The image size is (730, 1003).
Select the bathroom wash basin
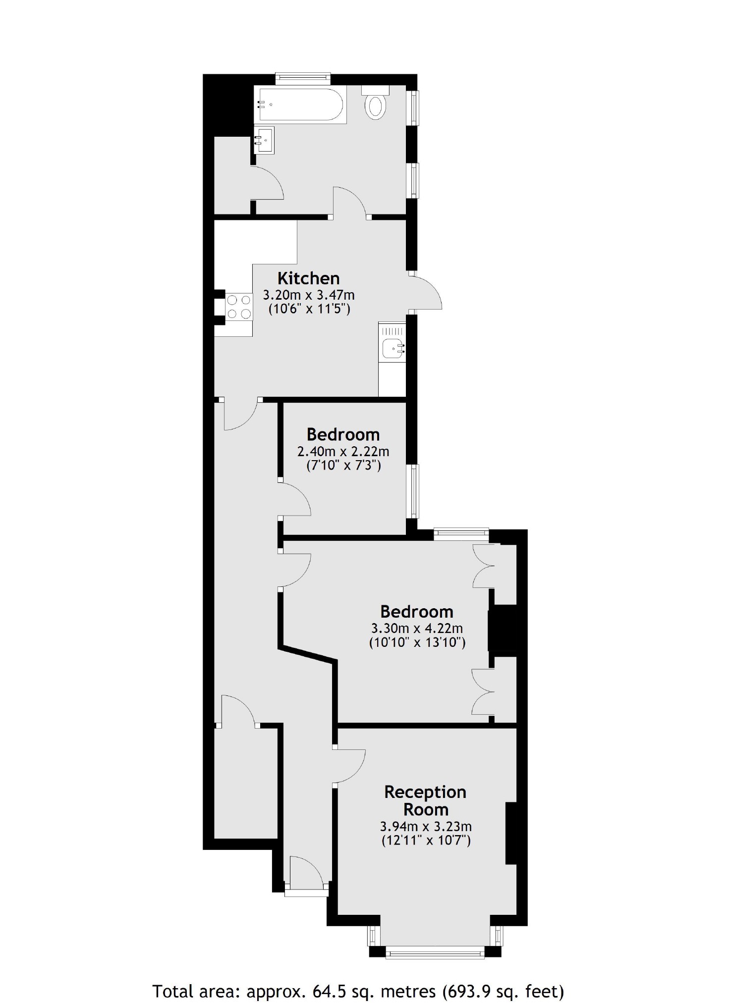click(x=264, y=140)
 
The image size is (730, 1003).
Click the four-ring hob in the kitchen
click(x=238, y=307)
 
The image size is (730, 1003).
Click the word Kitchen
click(x=308, y=278)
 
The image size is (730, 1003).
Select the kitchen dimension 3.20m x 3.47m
click(x=308, y=296)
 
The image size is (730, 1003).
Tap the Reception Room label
click(x=425, y=800)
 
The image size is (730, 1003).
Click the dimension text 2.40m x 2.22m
click(x=343, y=452)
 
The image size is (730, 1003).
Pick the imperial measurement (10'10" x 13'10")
click(x=417, y=643)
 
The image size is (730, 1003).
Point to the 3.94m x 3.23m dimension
click(x=426, y=826)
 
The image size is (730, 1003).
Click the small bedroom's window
click(x=412, y=491)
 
